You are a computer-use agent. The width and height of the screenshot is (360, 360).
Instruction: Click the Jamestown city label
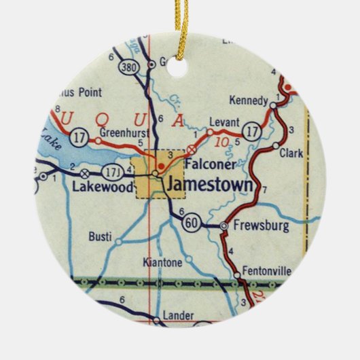[x=209, y=185]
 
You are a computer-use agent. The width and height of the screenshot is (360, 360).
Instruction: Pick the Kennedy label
[x=249, y=101]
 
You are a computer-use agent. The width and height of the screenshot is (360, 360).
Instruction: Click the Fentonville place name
[x=266, y=270]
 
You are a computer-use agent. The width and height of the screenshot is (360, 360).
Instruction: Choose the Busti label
[x=99, y=236]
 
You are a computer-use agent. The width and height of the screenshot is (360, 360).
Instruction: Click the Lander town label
[x=179, y=316]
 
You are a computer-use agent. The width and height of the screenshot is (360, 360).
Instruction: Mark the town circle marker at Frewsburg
[x=223, y=226]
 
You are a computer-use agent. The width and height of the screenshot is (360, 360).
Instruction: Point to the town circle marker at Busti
[x=118, y=241]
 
